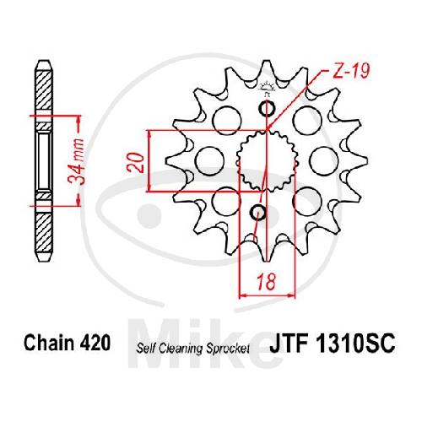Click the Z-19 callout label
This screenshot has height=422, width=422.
click(350, 70)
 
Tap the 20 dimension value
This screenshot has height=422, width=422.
click(136, 163)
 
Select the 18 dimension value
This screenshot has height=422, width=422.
click(266, 281)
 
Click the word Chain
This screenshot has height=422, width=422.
click(48, 343)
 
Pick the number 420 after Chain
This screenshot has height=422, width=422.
click(95, 343)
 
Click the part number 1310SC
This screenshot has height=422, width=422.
click(355, 343)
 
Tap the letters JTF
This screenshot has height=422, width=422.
click(289, 343)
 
